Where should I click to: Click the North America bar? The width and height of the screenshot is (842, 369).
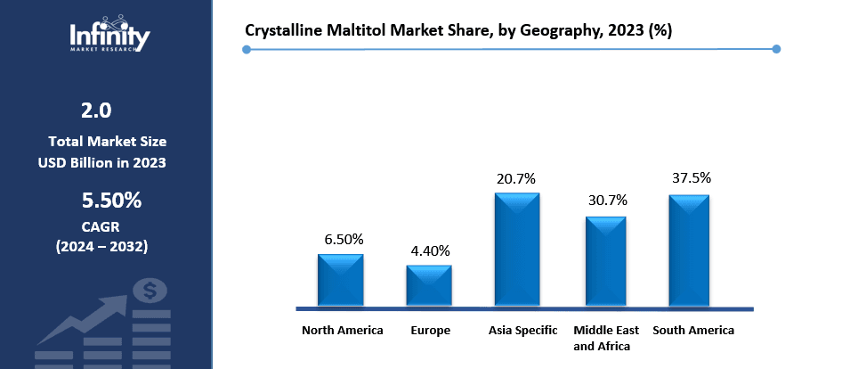pos(341,280)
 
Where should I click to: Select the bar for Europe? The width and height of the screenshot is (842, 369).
pos(429,285)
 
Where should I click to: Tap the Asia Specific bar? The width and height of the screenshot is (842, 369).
pos(517,250)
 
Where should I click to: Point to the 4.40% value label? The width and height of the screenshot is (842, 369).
pos(430,250)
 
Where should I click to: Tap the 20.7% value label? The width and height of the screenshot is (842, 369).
pos(517,178)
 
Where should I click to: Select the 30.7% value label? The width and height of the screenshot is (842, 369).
pos(606,201)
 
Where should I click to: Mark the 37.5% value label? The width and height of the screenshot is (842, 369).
pos(690,177)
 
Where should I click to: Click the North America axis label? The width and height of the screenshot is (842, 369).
pos(343,331)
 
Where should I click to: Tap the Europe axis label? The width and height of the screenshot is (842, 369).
pos(431,331)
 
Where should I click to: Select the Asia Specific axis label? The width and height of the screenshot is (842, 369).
pos(523,331)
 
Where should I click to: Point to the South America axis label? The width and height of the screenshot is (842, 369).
pos(693,331)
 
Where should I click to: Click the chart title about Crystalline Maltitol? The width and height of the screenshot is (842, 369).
pos(458,30)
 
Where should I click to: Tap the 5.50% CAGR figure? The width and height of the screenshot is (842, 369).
pos(111,201)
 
